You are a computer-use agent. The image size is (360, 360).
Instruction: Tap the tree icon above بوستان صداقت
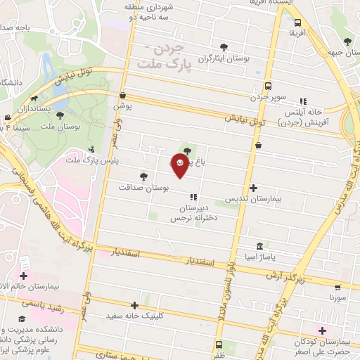pos(143,176)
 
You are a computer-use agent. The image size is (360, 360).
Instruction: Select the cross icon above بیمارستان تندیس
pos(254,188)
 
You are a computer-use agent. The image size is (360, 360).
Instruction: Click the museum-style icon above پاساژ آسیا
pos(260,247)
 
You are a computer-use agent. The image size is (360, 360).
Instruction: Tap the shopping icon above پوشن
pos(123,96)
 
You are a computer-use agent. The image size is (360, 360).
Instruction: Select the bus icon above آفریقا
pos(297,22)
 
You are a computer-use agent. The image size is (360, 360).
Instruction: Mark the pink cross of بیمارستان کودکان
pos(323,330)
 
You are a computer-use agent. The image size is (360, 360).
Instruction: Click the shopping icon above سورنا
pos(337,287)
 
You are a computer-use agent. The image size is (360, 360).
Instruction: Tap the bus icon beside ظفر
pos(219,345)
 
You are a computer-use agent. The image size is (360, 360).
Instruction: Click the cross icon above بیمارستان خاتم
pos(25,276)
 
